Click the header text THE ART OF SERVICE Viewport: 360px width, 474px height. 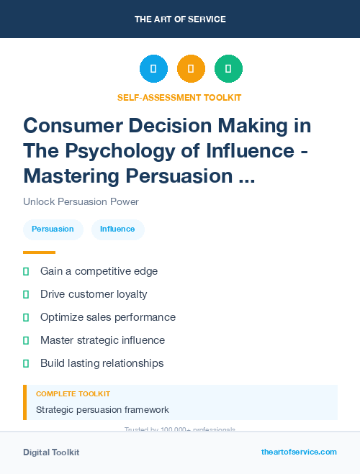[x=180, y=19]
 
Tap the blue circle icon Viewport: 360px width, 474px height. [x=153, y=69]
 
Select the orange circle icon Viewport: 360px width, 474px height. [x=191, y=69]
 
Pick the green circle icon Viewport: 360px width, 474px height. [x=228, y=69]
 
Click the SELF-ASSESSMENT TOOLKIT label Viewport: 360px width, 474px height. [x=180, y=97]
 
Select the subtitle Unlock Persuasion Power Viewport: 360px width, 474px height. [x=81, y=201]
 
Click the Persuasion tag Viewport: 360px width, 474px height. [x=53, y=229]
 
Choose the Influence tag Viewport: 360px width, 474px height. [x=117, y=229]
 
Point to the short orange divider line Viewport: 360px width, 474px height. [x=39, y=252]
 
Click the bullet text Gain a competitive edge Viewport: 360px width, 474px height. [x=99, y=271]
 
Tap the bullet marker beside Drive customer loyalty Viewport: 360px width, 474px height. [x=26, y=294]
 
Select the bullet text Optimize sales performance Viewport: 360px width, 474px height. [x=107, y=317]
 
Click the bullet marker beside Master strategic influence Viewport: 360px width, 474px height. [x=26, y=340]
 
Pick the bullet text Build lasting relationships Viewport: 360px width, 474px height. [x=102, y=363]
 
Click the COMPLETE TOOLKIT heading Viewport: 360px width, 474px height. [x=73, y=394]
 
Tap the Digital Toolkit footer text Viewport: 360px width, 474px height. [x=51, y=452]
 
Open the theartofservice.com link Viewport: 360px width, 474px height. [x=299, y=452]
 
